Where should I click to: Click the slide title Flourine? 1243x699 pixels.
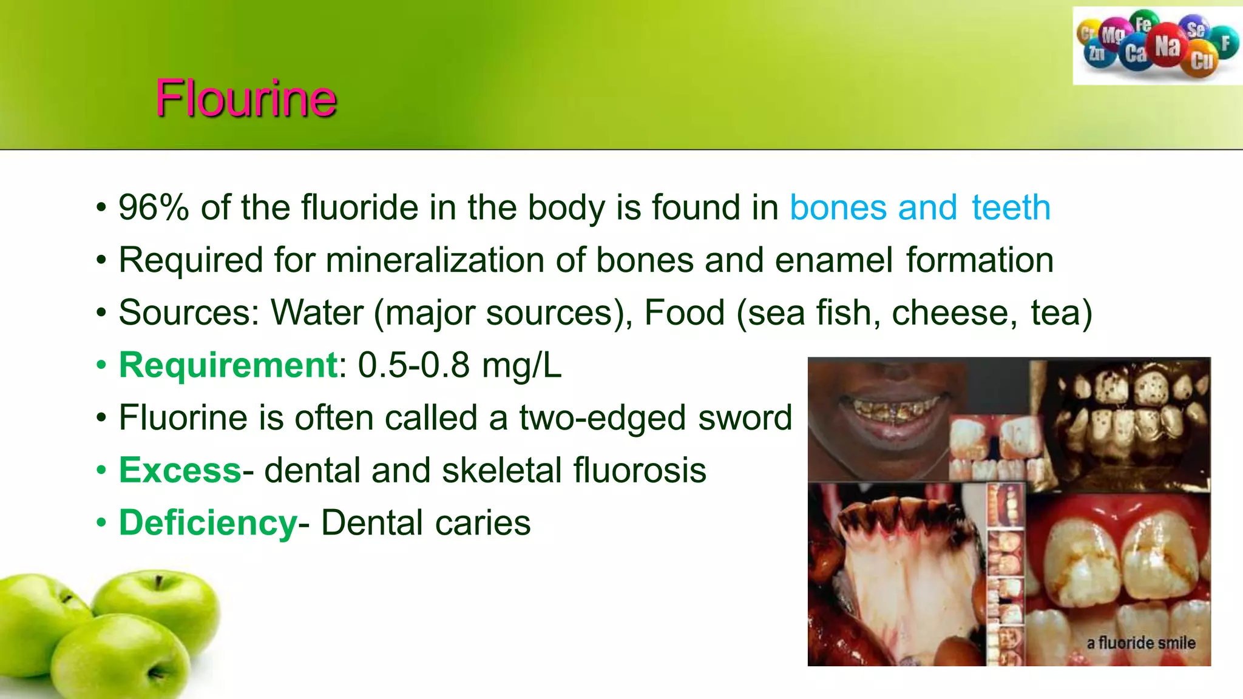pyautogui.click(x=246, y=98)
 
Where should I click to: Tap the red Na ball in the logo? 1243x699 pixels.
pyautogui.click(x=1167, y=45)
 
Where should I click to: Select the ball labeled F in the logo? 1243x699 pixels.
pyautogui.click(x=1225, y=43)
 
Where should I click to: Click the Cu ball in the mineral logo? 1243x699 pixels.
pyautogui.click(x=1201, y=61)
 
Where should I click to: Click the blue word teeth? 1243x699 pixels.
pyautogui.click(x=1011, y=208)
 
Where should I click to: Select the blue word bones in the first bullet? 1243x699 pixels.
pyautogui.click(x=838, y=208)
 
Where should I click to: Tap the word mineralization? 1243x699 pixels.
pyautogui.click(x=435, y=260)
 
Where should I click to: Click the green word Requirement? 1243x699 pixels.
pyautogui.click(x=228, y=365)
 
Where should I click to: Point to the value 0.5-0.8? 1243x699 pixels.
pyautogui.click(x=413, y=365)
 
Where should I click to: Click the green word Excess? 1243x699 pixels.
pyautogui.click(x=180, y=470)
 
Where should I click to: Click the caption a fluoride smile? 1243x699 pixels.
pyautogui.click(x=1140, y=643)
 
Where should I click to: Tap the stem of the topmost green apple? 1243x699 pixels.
pyautogui.click(x=158, y=583)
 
